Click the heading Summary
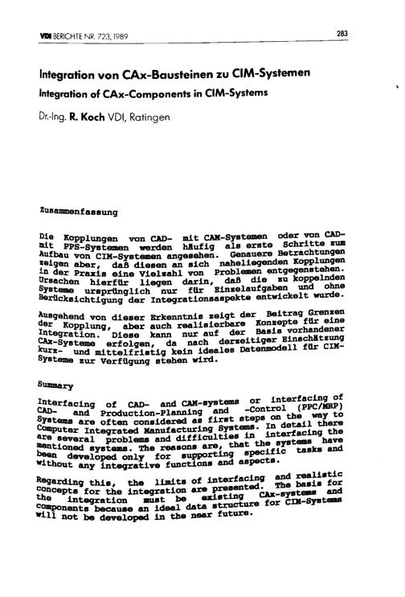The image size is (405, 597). pyautogui.click(x=53, y=385)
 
